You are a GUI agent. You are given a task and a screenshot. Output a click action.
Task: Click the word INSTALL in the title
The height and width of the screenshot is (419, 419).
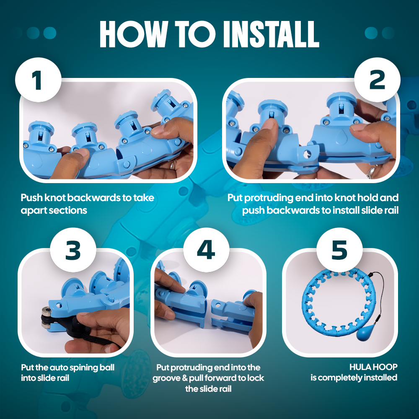271,34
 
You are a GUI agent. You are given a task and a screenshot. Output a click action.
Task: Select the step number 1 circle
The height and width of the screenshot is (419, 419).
38,80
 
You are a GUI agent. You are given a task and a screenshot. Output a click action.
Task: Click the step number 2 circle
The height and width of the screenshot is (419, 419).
377,80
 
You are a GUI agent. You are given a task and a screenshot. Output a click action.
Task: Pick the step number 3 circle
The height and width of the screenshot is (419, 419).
73,250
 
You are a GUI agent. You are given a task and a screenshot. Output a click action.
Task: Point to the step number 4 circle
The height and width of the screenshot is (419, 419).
206,250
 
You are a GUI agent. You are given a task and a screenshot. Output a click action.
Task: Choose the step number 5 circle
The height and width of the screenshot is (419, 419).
339,250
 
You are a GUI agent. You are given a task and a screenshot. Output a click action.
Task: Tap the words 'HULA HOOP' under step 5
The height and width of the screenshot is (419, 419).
373,367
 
